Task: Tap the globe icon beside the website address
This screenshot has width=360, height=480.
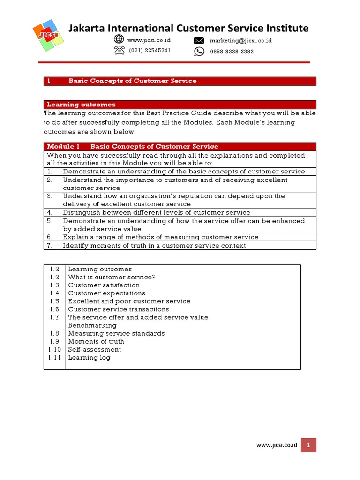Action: [119, 40]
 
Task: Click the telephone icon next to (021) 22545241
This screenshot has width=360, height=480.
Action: [119, 51]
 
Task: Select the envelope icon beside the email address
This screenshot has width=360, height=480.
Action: [199, 40]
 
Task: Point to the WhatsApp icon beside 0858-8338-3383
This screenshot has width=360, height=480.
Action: [199, 51]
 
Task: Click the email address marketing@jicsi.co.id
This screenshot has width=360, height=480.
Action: [240, 40]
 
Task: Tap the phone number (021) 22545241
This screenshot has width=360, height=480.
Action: [150, 51]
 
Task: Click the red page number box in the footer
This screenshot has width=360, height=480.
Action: [309, 445]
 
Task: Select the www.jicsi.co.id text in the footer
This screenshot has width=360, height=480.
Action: [277, 445]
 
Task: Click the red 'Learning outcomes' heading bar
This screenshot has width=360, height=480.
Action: [180, 105]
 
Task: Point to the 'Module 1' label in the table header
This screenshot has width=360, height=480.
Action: [60, 147]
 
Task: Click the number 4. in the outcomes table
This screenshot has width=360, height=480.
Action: [49, 212]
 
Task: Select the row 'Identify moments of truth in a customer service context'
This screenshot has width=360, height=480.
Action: [154, 245]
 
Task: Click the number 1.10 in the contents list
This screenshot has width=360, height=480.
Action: [54, 349]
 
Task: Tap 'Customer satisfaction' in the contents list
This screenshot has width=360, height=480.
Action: [104, 285]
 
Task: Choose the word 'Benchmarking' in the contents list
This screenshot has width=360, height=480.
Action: [92, 325]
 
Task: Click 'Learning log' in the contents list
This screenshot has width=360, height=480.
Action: [89, 357]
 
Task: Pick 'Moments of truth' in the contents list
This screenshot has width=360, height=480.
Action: [96, 341]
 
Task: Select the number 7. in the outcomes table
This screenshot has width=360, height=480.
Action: [49, 245]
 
